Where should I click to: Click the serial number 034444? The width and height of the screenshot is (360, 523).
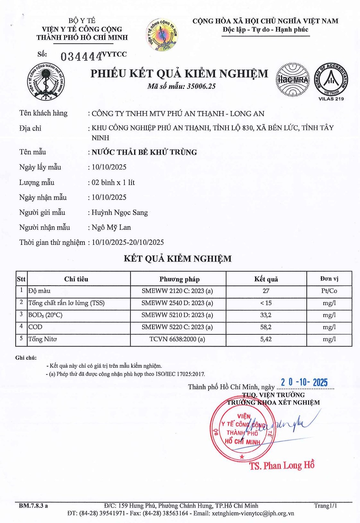click(x=81, y=56)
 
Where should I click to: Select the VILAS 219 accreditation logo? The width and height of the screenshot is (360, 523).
click(x=331, y=81)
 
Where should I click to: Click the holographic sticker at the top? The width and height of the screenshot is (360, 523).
click(x=162, y=34)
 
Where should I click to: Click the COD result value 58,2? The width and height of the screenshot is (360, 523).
click(x=266, y=327)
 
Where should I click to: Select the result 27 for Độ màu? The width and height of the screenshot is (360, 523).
click(x=266, y=291)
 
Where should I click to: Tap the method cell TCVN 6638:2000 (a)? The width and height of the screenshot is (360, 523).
click(x=177, y=339)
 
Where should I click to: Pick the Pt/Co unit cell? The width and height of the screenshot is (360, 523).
click(x=329, y=291)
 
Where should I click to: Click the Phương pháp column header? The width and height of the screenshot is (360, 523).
click(x=179, y=279)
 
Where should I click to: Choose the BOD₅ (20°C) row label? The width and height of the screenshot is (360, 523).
click(x=45, y=315)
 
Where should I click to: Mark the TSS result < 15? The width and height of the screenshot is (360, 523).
click(x=266, y=303)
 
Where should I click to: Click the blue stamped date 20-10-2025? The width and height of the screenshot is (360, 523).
click(x=304, y=382)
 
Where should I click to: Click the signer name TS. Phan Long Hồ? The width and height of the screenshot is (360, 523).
click(x=282, y=466)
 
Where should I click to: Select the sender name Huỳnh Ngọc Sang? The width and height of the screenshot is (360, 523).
click(x=120, y=212)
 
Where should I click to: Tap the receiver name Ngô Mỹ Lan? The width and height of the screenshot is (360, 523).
click(x=111, y=227)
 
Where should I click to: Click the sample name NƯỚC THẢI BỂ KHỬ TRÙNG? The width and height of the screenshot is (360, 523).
click(x=144, y=152)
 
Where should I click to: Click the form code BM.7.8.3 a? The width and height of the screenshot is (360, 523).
click(x=33, y=506)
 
